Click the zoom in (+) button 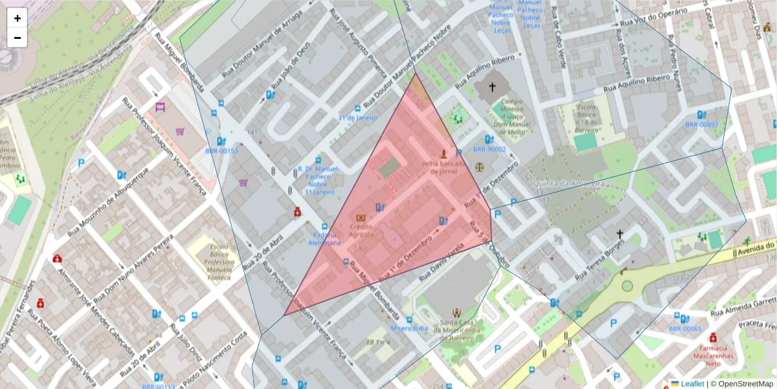pos(17,18)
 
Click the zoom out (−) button pos(17,38)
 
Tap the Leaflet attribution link pos(692,384)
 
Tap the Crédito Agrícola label pos(361,230)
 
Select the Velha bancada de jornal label pos(444,167)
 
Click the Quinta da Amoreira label pos(568,183)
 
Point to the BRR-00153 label pos(221,151)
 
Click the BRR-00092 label pos(701,125)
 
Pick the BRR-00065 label pos(684,329)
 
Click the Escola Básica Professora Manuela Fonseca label pos(212,263)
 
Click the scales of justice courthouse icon pos(479,165)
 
